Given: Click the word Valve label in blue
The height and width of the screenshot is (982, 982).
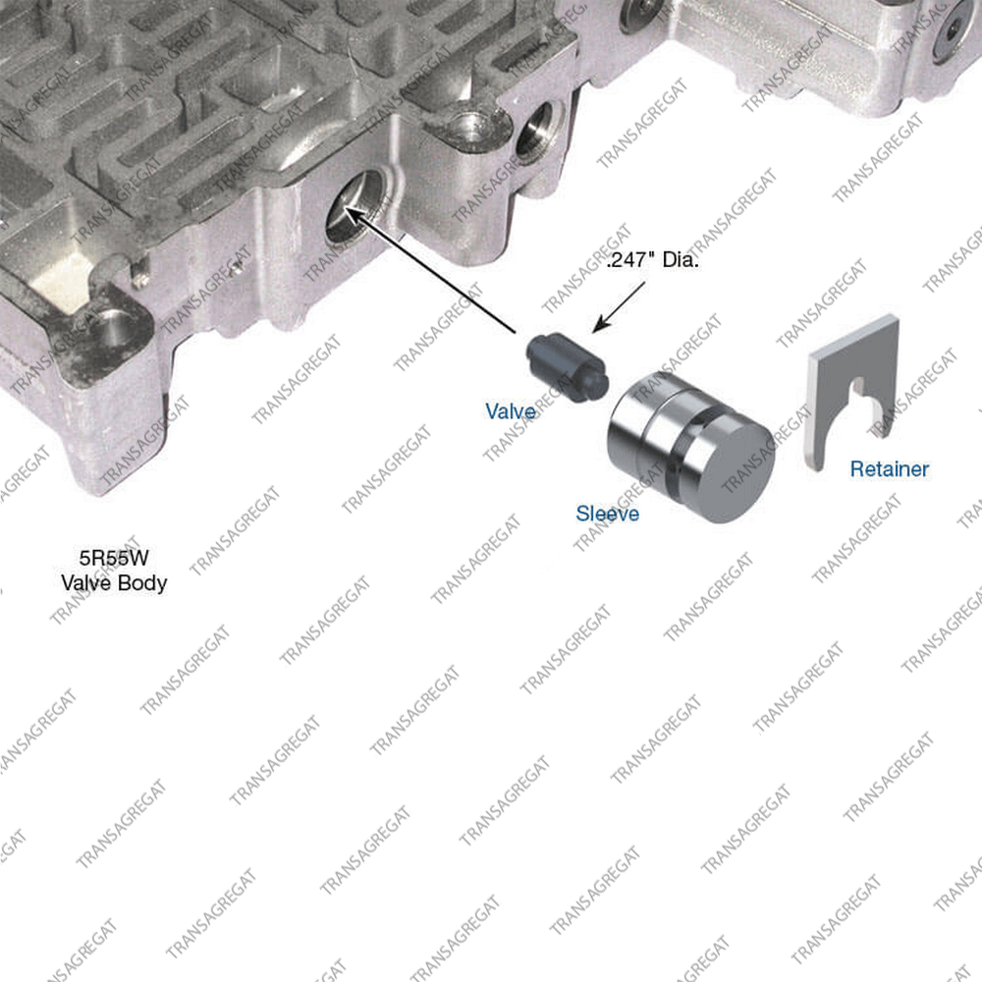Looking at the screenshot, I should (x=511, y=410).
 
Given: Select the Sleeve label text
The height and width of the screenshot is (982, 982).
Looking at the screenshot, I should (x=607, y=513).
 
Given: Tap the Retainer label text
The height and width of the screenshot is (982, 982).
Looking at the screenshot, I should (x=889, y=468).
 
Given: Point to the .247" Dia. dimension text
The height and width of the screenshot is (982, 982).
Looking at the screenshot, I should (x=652, y=263).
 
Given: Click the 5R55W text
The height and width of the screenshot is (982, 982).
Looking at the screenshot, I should (x=113, y=559).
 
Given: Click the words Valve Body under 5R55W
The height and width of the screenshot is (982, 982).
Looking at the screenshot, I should (x=114, y=582).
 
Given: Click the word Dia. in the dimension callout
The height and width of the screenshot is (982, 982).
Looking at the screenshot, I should (x=679, y=263).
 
